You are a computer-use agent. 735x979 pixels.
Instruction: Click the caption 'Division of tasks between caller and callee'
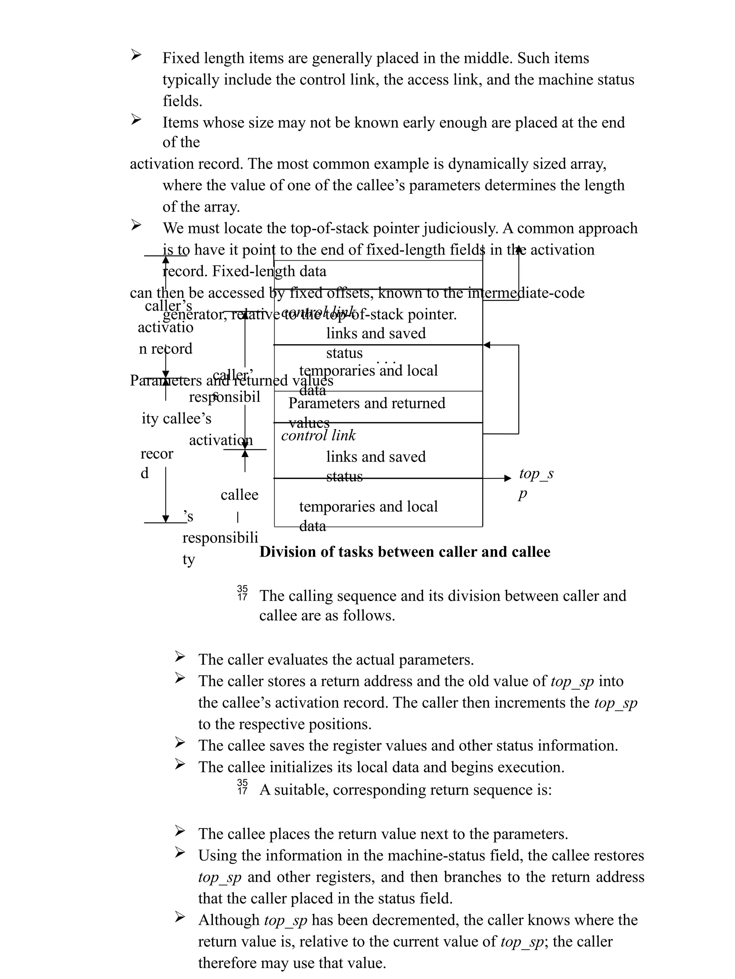(x=404, y=552)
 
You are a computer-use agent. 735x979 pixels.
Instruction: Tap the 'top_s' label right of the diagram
(x=536, y=474)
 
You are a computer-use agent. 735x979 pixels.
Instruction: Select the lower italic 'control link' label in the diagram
(x=318, y=436)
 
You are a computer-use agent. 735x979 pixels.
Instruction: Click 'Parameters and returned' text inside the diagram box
(x=366, y=403)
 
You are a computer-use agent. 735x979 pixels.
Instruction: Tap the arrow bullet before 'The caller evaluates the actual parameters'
(x=179, y=656)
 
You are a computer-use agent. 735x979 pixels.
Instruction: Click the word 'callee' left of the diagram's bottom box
(x=239, y=494)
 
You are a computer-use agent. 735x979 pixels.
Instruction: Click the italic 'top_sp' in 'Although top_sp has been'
(x=285, y=920)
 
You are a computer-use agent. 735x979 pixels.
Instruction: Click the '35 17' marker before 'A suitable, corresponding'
(x=242, y=786)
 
